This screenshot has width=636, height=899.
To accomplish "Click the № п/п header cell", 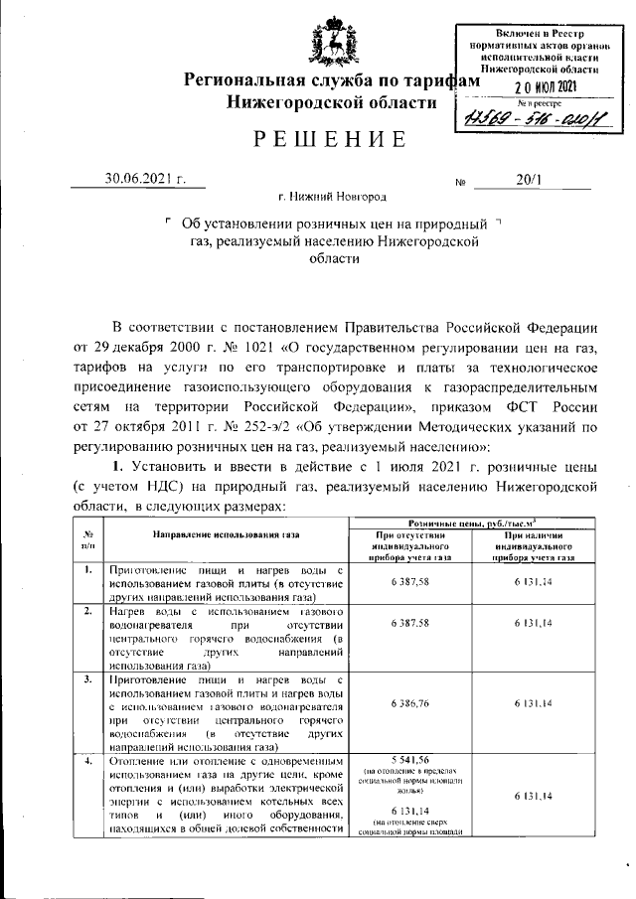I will [88, 539].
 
